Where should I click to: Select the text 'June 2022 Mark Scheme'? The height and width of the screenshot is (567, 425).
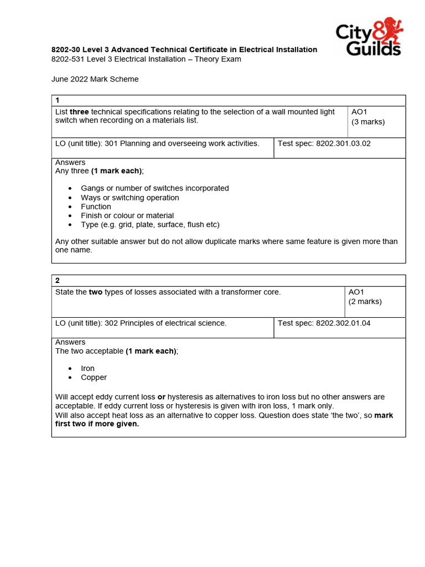click(x=95, y=79)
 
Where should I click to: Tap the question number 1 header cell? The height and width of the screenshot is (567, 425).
click(x=228, y=100)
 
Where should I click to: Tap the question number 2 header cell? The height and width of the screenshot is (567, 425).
click(x=228, y=281)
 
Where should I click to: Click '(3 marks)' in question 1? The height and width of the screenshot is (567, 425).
click(x=367, y=122)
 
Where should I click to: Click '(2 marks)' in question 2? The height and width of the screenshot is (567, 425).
click(x=365, y=302)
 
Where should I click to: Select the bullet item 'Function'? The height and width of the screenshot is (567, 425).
click(x=96, y=207)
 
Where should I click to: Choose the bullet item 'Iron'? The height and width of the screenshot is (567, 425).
click(x=87, y=368)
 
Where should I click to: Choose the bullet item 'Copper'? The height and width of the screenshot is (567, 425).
click(x=94, y=377)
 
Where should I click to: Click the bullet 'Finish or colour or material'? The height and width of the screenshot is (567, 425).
click(x=127, y=215)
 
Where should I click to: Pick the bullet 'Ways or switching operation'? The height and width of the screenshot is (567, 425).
click(x=130, y=198)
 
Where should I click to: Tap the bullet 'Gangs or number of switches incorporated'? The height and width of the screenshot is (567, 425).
click(x=154, y=188)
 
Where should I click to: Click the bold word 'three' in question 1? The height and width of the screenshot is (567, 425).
click(x=79, y=112)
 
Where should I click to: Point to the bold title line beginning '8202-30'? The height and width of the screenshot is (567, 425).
click(x=184, y=50)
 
